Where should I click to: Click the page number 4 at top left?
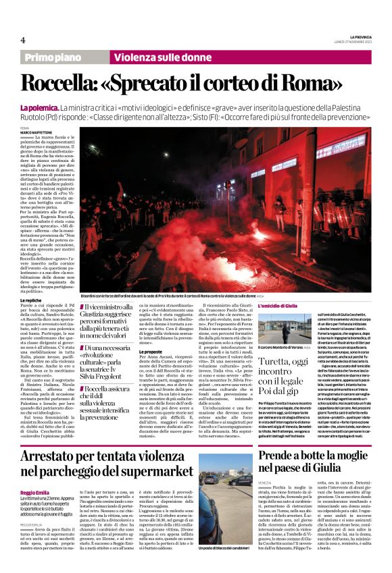click(x=22, y=40)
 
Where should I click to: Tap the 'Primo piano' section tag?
click(x=54, y=58)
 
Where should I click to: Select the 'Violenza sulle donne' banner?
click(x=153, y=58)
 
